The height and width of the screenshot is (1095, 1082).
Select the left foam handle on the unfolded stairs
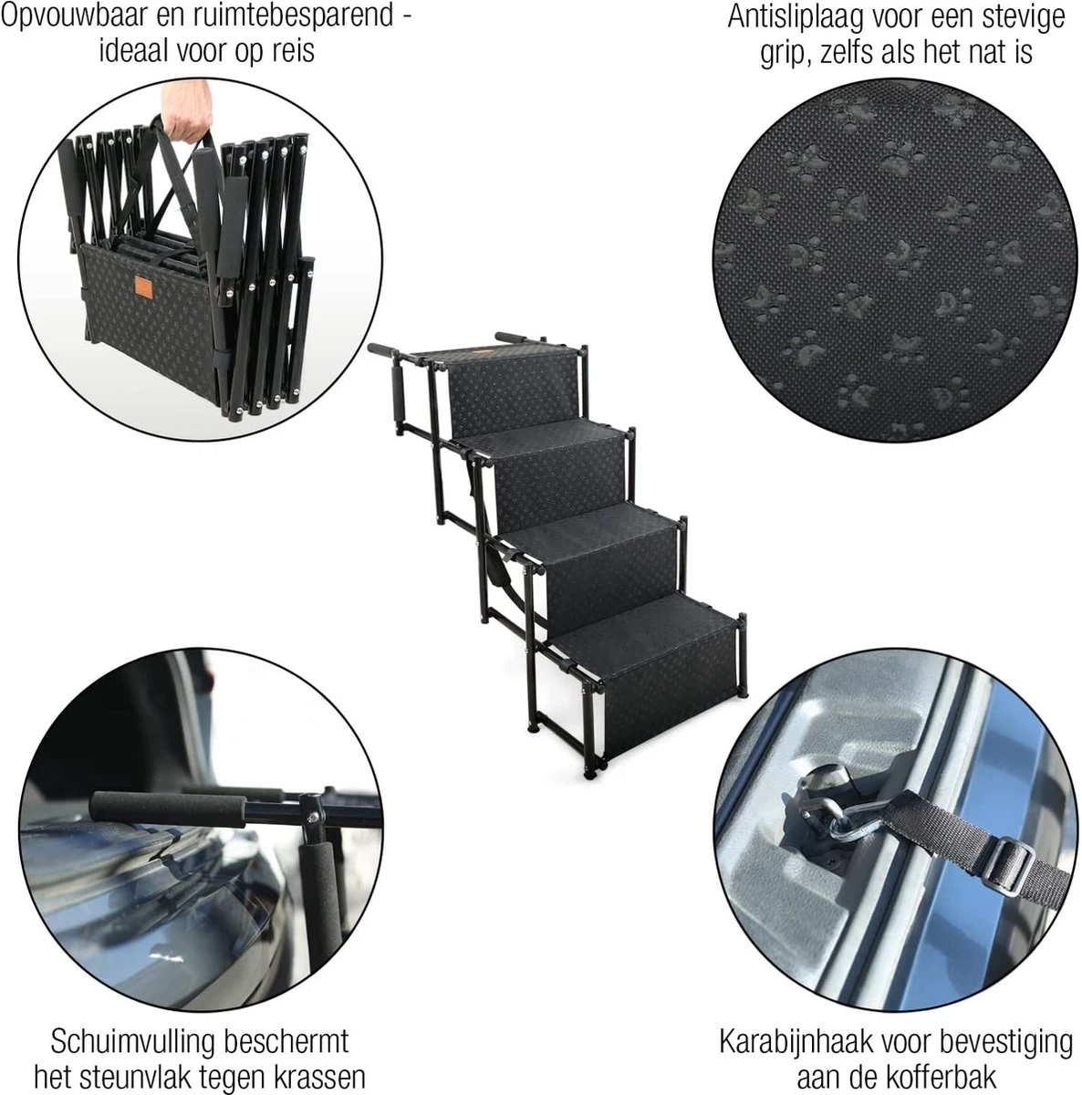click(x=386, y=350)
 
